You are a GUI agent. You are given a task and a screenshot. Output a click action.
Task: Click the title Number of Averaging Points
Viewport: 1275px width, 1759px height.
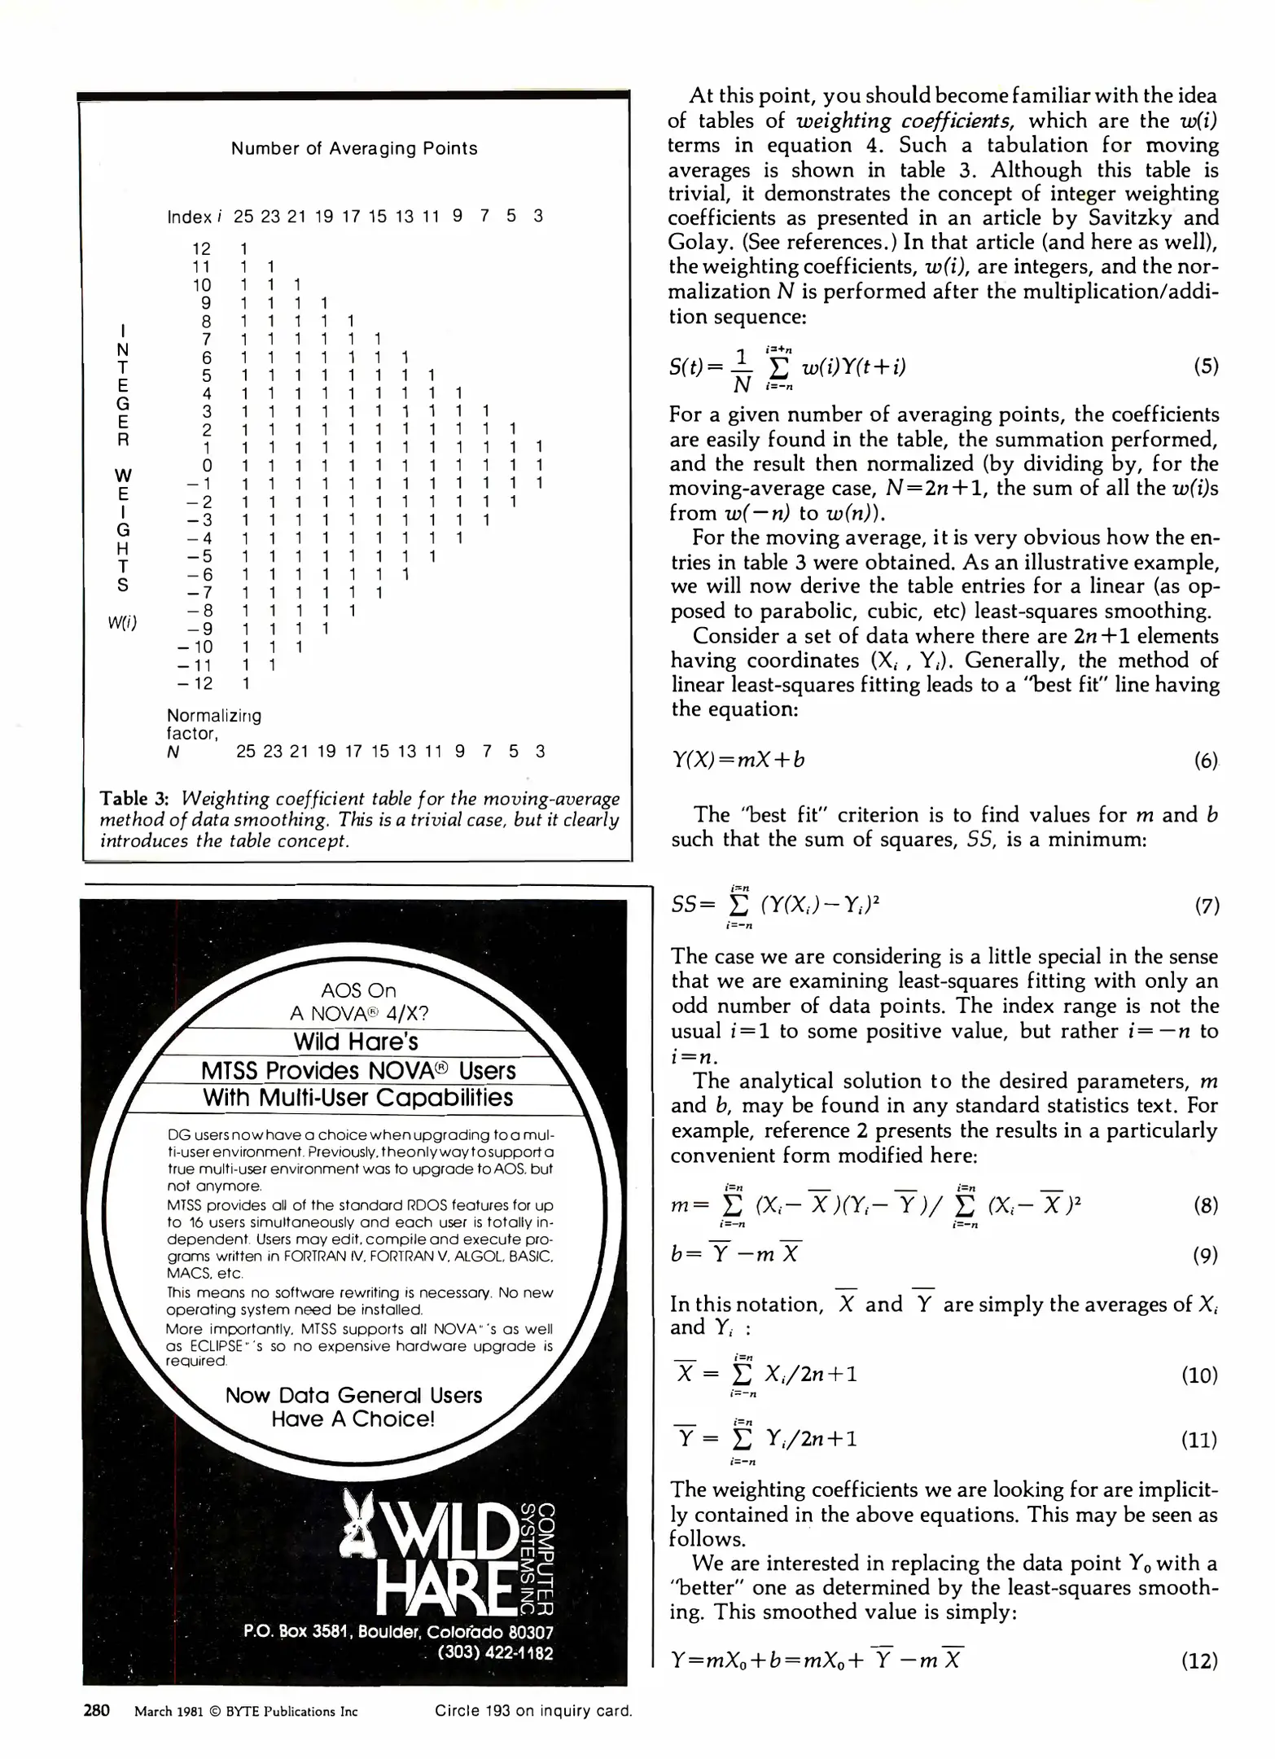click(354, 148)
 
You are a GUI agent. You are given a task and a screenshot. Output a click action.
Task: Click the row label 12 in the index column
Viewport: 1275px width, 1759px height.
click(201, 248)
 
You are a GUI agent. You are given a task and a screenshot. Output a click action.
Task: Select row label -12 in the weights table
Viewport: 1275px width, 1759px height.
click(195, 683)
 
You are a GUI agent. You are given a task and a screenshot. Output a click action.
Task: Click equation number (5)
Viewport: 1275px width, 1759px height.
click(1206, 366)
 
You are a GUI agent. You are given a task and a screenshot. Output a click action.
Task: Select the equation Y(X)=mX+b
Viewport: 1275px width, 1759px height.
click(738, 760)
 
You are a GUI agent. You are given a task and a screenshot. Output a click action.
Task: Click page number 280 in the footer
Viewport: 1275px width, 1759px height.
click(97, 1710)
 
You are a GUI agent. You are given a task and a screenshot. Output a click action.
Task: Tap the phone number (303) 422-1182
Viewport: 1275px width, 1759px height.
click(495, 1652)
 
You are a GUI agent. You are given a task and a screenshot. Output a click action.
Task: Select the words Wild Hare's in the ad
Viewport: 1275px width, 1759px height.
click(356, 1042)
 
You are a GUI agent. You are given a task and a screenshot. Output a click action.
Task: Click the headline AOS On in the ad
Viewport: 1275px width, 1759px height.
click(358, 990)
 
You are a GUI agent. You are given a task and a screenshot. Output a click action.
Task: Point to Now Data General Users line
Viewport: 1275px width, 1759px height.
click(353, 1395)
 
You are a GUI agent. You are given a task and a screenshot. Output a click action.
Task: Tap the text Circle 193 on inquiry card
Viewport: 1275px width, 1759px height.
click(533, 1711)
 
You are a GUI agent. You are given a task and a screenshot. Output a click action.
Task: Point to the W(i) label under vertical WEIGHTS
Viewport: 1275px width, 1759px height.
click(123, 624)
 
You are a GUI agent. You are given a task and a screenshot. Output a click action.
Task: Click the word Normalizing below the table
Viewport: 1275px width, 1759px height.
click(214, 715)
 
